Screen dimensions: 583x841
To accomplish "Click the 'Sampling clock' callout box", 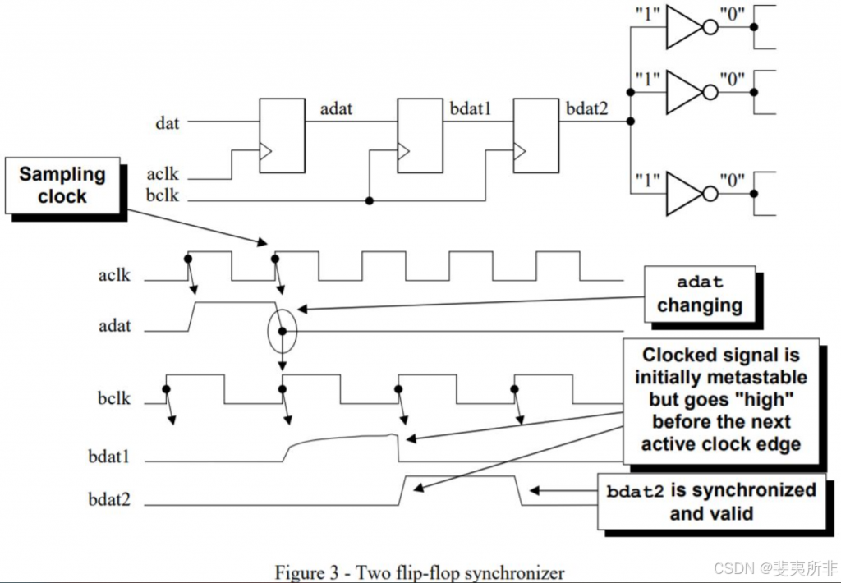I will pos(62,186).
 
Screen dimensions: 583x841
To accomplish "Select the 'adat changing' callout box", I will pos(699,294).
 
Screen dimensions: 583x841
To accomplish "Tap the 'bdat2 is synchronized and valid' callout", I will pos(710,502).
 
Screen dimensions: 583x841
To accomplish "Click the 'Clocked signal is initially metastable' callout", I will pos(720,399).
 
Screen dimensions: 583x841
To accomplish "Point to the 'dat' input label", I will pos(168,124).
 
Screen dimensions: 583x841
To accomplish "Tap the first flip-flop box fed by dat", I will pos(282,136).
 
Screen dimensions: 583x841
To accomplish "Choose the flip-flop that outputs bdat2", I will pos(536,136).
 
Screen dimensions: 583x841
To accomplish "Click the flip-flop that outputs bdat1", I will pos(420,136).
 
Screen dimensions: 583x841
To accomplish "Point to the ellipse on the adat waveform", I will pos(282,330).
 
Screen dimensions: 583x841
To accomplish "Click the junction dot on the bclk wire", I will pos(370,200).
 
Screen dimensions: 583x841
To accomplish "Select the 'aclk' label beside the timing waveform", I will pos(114,275).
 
